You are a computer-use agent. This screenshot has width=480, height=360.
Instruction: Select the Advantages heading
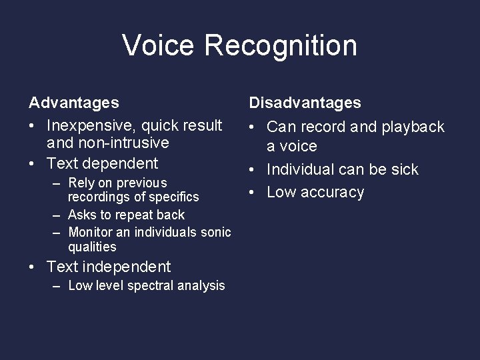click(74, 103)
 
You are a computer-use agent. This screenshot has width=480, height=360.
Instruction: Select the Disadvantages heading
click(305, 103)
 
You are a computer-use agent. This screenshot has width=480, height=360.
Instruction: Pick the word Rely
click(82, 183)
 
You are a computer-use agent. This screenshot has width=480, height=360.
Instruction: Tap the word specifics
click(174, 197)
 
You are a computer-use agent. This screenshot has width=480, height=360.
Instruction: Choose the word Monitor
click(91, 232)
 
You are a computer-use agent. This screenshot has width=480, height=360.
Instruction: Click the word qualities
click(92, 247)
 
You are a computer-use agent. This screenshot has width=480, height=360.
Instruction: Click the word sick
click(404, 169)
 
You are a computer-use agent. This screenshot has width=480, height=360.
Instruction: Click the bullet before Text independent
click(33, 267)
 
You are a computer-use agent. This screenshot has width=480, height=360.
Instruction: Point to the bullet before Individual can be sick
click(253, 170)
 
